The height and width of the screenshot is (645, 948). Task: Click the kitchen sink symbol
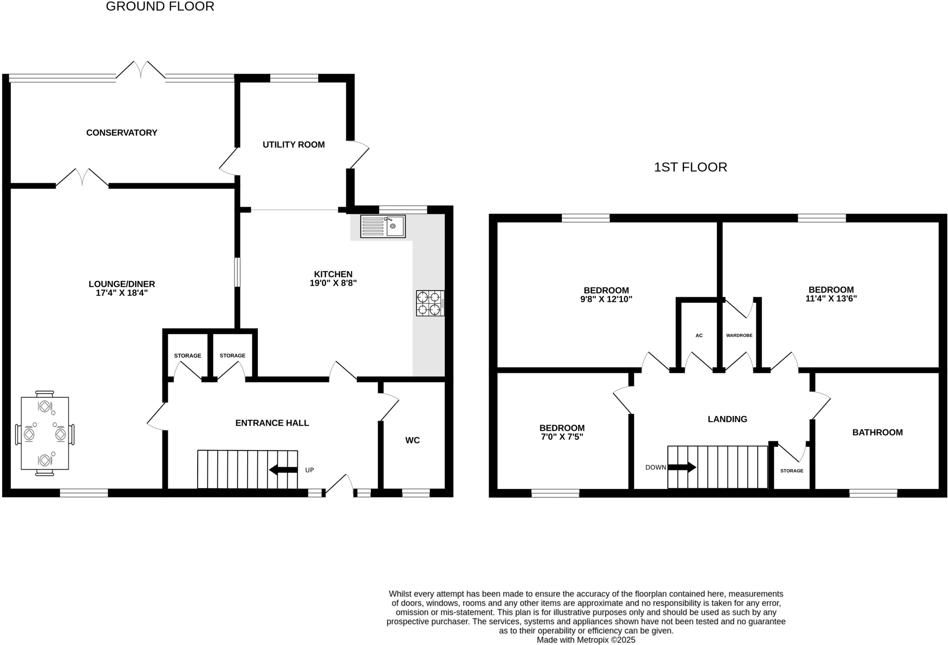[383, 226]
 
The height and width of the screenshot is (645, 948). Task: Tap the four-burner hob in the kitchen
[430, 303]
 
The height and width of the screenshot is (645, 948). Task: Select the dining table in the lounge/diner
[45, 433]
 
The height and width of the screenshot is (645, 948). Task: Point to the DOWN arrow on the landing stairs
[681, 467]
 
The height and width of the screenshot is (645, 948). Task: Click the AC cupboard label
[699, 335]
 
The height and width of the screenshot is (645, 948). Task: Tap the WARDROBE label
[739, 335]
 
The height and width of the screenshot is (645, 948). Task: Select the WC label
[412, 440]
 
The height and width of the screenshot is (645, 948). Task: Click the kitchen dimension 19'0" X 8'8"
[333, 283]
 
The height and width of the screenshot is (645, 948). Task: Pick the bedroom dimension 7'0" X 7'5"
[562, 437]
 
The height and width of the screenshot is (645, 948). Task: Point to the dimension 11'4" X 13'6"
[831, 299]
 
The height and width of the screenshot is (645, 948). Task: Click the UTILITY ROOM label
[293, 144]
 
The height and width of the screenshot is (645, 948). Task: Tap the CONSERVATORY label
[122, 133]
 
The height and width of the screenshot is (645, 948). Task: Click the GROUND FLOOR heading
[160, 6]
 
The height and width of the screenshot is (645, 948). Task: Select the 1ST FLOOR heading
[690, 167]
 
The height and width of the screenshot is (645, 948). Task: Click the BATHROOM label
[877, 432]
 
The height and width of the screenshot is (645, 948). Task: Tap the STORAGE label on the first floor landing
[792, 471]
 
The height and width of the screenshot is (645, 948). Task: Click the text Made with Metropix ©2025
[586, 640]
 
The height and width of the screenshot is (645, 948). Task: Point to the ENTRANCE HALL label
[272, 423]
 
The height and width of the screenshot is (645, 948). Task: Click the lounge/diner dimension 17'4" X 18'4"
[122, 293]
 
